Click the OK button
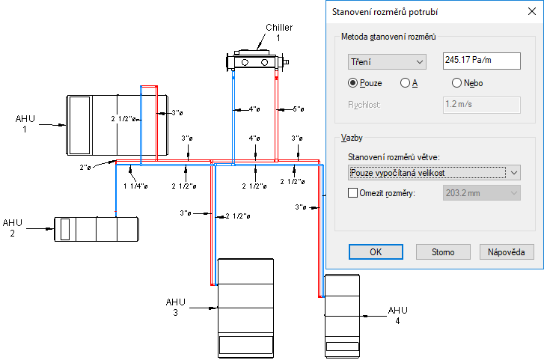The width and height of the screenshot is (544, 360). click(376, 251)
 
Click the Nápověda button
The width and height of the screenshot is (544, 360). click(512, 251)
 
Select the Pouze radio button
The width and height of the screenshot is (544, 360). click(353, 83)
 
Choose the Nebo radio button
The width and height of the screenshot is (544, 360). click(456, 83)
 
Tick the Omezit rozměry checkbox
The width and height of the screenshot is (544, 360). click(354, 193)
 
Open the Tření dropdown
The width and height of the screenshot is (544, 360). click(386, 61)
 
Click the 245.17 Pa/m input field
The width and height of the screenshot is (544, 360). click(481, 60)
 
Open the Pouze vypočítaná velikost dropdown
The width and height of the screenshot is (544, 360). click(434, 173)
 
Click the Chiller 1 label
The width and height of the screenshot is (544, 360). click(278, 32)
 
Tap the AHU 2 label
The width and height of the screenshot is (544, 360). click(13, 228)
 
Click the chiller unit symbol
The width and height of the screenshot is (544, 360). click(256, 60)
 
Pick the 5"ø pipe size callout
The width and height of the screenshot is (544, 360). click(297, 109)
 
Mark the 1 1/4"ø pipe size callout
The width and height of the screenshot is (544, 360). click(134, 186)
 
